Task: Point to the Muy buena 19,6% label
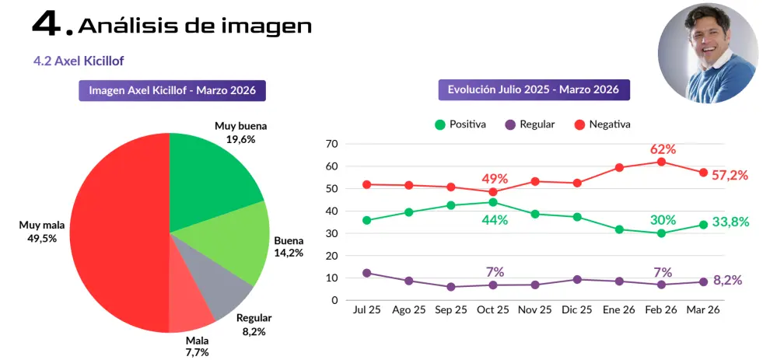(240, 133)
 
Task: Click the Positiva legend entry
(460, 124)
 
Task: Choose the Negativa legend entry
(602, 124)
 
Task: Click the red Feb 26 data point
(661, 162)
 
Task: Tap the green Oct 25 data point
(493, 202)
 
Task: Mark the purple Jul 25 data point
(367, 273)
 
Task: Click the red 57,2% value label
(730, 175)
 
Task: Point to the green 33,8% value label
(730, 222)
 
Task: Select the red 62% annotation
(663, 149)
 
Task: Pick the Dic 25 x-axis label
(577, 310)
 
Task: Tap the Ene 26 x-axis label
(619, 310)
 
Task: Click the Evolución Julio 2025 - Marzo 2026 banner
(534, 90)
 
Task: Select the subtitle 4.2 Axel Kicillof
(79, 61)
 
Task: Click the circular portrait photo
(708, 53)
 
